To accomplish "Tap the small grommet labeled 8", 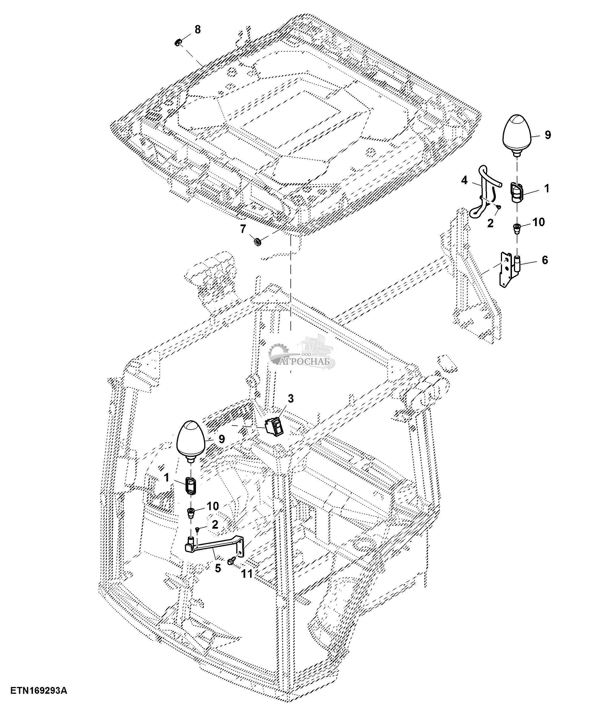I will [177, 43].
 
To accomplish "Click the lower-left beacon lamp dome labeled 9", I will [191, 439].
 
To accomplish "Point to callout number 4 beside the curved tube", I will [464, 180].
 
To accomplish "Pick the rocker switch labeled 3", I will [274, 425].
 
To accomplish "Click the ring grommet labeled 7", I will [258, 243].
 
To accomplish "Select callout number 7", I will [243, 229].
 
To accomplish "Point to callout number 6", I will [545, 260].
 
